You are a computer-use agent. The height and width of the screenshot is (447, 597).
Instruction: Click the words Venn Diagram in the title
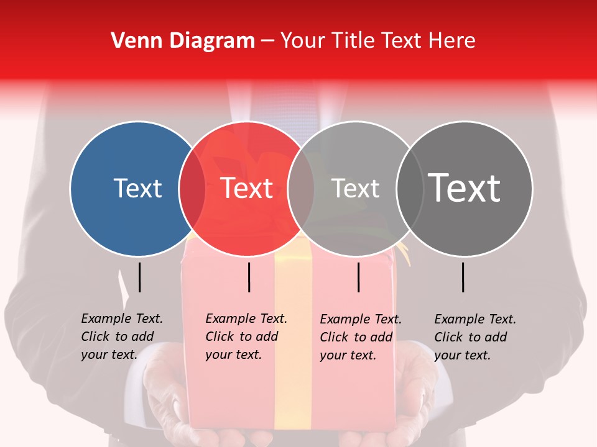click(183, 41)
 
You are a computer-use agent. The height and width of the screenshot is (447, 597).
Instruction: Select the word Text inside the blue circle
click(137, 188)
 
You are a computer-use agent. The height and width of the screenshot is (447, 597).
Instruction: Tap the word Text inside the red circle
click(247, 188)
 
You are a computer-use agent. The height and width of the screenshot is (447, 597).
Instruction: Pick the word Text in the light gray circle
click(355, 188)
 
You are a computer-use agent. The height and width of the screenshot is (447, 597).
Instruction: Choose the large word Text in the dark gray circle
click(465, 187)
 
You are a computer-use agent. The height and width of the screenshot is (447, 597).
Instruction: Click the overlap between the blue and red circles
click(192, 189)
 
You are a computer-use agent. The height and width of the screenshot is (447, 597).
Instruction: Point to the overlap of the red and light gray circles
click(301, 189)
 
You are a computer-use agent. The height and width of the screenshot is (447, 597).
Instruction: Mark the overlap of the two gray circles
click(409, 189)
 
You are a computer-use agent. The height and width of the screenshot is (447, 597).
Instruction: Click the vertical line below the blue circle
click(140, 277)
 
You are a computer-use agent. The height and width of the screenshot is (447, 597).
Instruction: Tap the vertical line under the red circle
click(249, 277)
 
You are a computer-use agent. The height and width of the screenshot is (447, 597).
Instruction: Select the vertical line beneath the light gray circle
click(358, 277)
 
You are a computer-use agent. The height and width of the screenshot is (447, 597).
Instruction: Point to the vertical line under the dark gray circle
click(463, 277)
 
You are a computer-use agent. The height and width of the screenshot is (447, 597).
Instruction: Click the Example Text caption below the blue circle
click(121, 336)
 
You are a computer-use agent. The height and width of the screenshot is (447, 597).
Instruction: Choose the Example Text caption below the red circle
click(246, 336)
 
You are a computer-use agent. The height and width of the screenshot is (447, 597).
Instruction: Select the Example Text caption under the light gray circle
click(360, 337)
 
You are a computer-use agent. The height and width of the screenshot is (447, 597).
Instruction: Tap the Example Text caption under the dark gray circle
click(474, 337)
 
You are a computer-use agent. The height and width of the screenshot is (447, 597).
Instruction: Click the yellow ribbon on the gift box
click(292, 348)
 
